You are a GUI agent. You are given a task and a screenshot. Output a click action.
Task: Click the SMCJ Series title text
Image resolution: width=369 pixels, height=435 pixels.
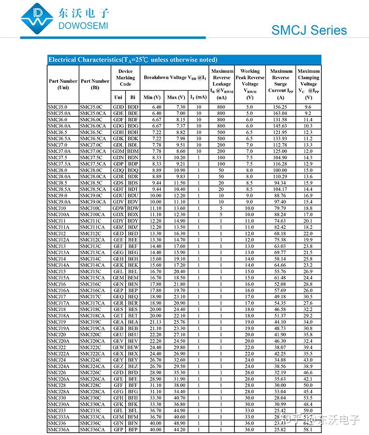click(309, 31)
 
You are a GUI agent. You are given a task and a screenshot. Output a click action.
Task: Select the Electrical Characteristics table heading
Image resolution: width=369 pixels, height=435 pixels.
click(133, 60)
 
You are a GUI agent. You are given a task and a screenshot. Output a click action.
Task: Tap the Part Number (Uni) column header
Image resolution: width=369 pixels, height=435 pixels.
click(63, 84)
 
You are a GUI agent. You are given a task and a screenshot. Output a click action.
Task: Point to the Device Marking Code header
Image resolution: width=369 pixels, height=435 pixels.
click(125, 78)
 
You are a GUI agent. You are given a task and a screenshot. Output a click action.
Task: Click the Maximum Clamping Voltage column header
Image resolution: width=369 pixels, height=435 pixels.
click(308, 84)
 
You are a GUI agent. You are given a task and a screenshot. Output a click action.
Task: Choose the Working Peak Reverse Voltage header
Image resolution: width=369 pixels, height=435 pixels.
click(249, 84)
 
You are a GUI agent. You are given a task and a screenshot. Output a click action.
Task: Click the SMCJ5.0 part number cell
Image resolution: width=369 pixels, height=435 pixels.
click(57, 107)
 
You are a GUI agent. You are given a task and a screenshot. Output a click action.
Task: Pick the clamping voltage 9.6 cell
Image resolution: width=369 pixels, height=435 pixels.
click(308, 107)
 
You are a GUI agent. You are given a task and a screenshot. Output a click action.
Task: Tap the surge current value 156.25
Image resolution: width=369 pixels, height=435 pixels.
click(280, 107)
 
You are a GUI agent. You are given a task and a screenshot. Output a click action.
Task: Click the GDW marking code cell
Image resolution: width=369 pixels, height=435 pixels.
click(118, 208)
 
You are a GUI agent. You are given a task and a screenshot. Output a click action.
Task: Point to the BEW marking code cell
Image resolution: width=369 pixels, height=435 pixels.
click(133, 347)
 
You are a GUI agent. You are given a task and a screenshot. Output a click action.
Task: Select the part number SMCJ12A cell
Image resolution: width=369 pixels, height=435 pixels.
click(58, 240)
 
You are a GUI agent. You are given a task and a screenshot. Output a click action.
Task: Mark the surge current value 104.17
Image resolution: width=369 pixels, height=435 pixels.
click(280, 189)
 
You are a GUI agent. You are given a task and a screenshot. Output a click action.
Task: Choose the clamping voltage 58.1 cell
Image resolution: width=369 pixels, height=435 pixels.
click(308, 429)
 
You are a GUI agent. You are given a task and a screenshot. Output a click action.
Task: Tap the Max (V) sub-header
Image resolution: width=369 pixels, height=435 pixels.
click(176, 97)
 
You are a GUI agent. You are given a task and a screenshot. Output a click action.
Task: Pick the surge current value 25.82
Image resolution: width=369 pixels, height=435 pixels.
click(280, 429)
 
